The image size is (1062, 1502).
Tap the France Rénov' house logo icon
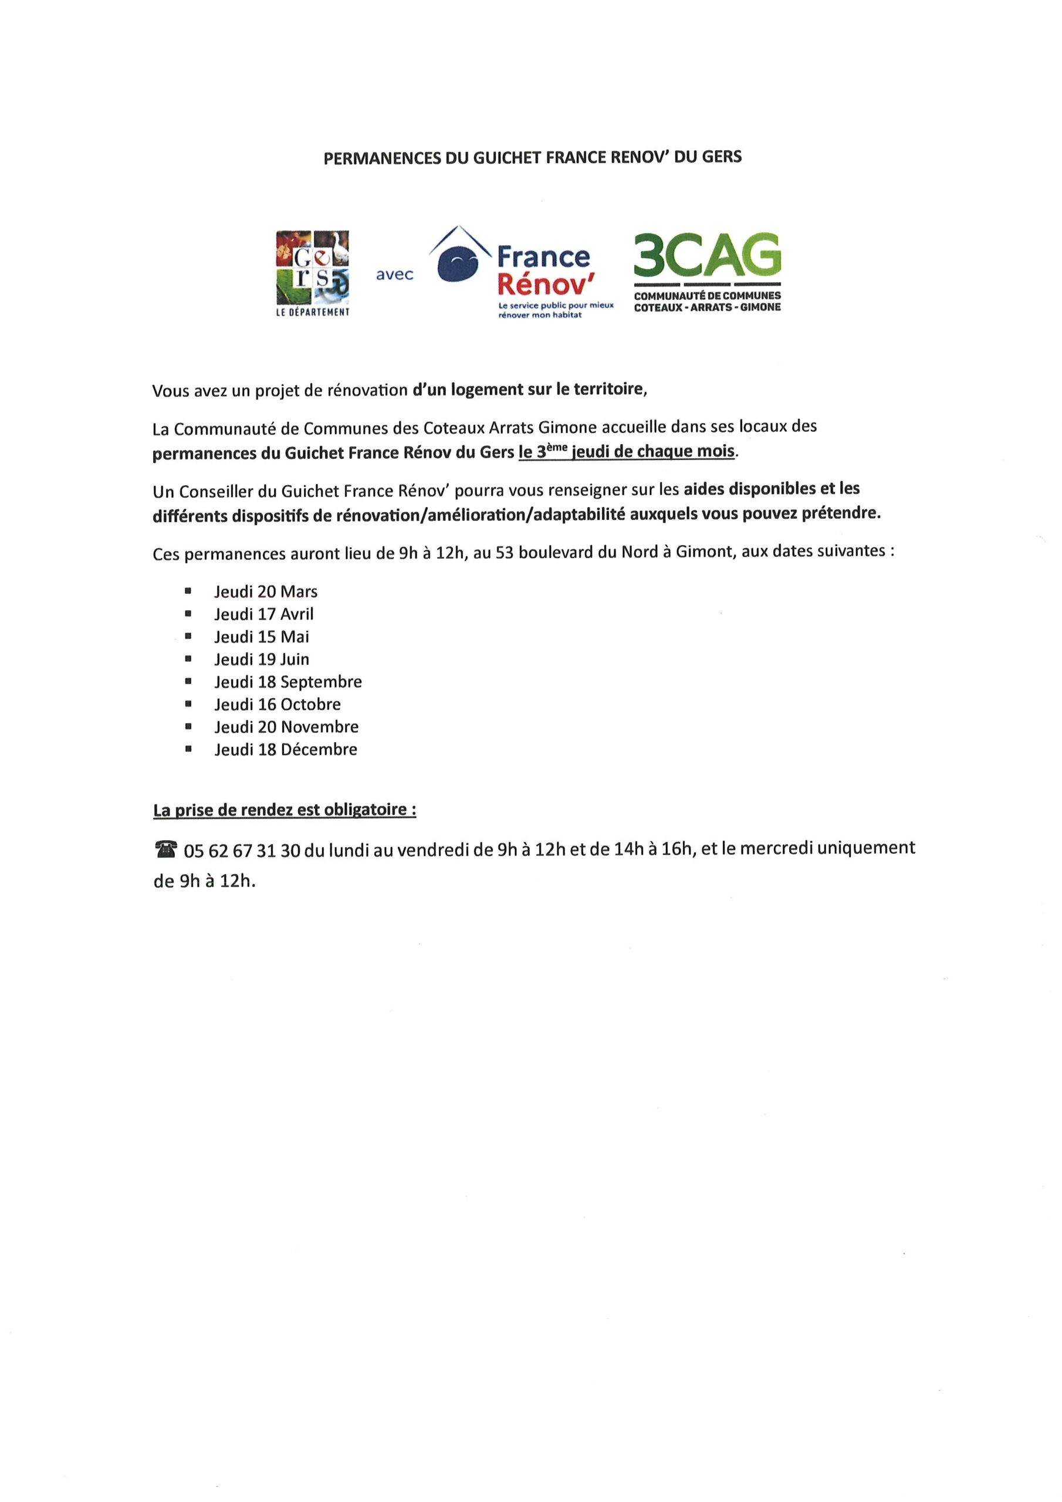[x=459, y=257]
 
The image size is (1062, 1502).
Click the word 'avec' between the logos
[x=394, y=275]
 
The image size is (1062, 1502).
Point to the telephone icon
[x=165, y=850]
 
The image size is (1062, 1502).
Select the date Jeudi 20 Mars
[x=266, y=591]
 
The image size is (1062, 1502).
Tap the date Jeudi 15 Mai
[x=262, y=637]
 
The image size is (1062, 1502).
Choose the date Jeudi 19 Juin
[x=262, y=659]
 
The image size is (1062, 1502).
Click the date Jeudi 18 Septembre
[x=288, y=682]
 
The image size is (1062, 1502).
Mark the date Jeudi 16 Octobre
[x=278, y=704]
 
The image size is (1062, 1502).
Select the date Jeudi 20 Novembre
[x=286, y=727]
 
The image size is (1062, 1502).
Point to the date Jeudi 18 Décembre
[x=286, y=749]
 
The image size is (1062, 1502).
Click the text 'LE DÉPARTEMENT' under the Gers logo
[x=312, y=313]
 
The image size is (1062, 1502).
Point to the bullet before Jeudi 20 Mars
[x=188, y=591]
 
